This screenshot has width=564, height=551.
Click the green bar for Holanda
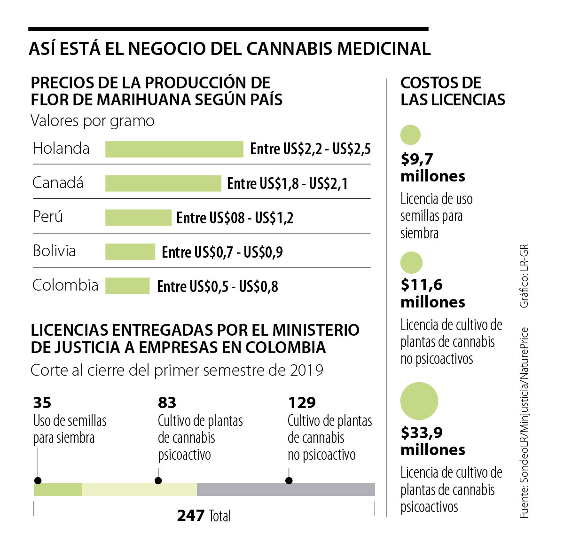click(174, 149)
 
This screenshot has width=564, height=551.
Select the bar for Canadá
click(163, 183)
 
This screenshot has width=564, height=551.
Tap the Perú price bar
click(138, 218)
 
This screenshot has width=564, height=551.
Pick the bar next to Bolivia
click(130, 252)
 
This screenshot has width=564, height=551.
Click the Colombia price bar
click(127, 286)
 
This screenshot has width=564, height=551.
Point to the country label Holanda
click(61, 149)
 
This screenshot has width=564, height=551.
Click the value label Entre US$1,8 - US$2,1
click(287, 183)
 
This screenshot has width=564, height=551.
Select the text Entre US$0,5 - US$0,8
click(217, 286)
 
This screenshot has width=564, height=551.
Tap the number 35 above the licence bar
click(42, 402)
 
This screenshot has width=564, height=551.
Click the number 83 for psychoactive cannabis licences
click(167, 402)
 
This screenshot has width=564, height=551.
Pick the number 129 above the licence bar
click(302, 402)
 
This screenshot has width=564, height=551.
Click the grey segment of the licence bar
click(286, 489)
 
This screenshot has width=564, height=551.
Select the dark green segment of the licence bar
click(58, 489)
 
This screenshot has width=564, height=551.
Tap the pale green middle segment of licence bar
click(139, 489)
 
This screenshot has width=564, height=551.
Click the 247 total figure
click(191, 516)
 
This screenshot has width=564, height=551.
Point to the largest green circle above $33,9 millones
click(419, 401)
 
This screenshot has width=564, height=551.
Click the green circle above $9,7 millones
click(410, 135)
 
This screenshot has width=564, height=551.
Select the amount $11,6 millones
click(432, 293)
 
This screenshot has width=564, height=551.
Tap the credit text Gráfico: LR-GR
click(524, 276)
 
